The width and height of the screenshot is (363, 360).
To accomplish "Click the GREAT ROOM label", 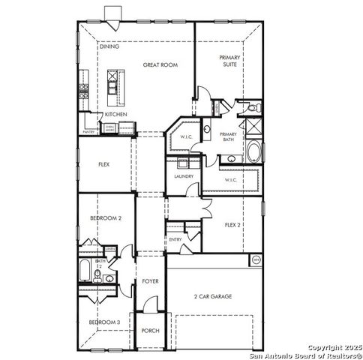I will [160, 65].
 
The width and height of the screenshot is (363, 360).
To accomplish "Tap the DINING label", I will [109, 46].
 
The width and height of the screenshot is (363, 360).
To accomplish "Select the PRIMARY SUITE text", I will [229, 61].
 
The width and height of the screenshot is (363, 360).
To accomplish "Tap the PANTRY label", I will [88, 130].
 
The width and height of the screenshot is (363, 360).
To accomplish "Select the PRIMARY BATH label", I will [228, 137].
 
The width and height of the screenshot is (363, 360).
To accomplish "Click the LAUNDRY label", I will [184, 176].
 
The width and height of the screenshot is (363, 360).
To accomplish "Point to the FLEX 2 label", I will [233, 224].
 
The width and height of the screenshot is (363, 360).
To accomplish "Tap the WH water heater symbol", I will [256, 260].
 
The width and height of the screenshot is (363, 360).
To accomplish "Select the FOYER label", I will [150, 281].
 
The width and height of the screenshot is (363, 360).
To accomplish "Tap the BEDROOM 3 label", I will [104, 322].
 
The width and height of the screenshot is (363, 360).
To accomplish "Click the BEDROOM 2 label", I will [105, 217].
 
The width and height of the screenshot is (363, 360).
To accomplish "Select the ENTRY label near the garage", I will [175, 239].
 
